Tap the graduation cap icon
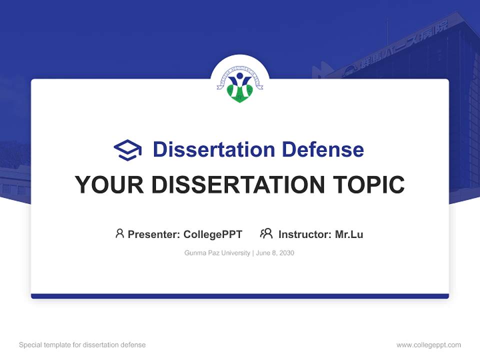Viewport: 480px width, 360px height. point(127,150)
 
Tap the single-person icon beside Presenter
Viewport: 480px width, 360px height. point(119,233)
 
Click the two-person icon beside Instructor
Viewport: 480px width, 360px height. point(266,233)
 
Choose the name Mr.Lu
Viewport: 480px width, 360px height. point(349,234)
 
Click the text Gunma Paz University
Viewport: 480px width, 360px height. point(217,253)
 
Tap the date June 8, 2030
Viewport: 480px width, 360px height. point(275,253)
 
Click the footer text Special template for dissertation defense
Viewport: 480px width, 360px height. point(82,345)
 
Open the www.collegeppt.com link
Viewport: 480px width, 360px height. point(428,345)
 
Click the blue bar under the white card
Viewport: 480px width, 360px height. point(240,296)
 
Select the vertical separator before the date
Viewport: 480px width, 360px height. point(253,253)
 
